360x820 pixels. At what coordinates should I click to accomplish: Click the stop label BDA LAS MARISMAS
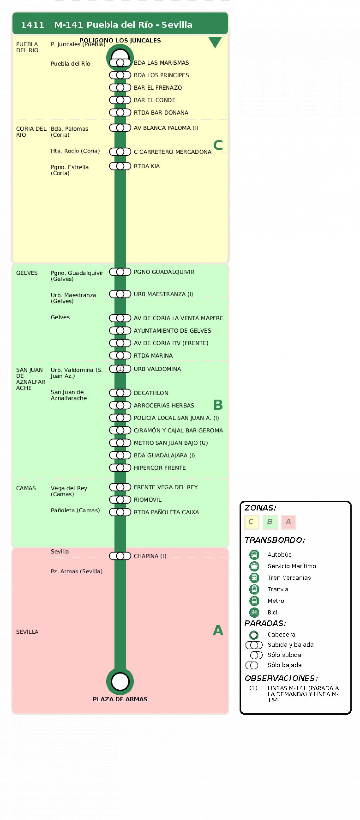[x=161, y=63]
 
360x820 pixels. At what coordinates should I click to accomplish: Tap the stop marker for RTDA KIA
[x=120, y=166]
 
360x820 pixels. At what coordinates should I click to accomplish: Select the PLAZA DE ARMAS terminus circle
[x=120, y=681]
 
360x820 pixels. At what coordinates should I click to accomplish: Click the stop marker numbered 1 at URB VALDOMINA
[x=120, y=369]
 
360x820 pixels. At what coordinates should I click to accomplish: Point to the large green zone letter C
[x=218, y=145]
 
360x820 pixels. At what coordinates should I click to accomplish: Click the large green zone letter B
[x=218, y=405]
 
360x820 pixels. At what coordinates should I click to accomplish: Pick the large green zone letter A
[x=218, y=630]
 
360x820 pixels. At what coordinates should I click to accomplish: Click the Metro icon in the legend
[x=254, y=601]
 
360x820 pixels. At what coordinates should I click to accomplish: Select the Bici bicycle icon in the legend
[x=254, y=612]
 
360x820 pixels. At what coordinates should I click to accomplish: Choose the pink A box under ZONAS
[x=288, y=522]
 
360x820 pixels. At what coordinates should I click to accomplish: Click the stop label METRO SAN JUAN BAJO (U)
[x=171, y=443]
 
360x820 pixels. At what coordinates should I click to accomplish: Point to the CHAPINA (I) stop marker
[x=120, y=556]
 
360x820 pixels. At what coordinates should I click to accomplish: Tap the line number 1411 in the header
[x=32, y=24]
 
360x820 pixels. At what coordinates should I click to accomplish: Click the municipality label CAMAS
[x=26, y=488]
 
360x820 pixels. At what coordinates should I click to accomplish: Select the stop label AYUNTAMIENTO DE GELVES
[x=172, y=330]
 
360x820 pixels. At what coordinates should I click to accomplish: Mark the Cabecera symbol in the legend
[x=254, y=635]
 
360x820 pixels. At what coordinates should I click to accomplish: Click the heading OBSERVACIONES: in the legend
[x=281, y=678]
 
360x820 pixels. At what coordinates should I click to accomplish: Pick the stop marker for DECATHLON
[x=120, y=393]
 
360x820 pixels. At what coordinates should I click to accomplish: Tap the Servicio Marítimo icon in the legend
[x=254, y=566]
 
